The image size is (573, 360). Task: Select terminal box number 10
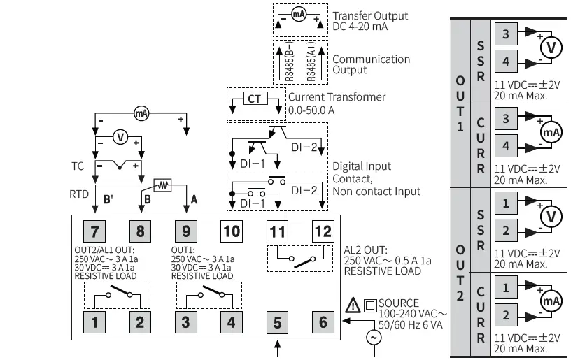[x=231, y=230]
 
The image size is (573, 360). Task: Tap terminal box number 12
[x=323, y=230]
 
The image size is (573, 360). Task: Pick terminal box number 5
[x=277, y=322]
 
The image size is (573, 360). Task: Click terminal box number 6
[x=323, y=322]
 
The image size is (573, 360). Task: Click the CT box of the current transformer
[x=254, y=99]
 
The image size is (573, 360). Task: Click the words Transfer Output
[x=370, y=15]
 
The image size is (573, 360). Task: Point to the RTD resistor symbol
[x=163, y=185]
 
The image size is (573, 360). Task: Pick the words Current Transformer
[x=337, y=97]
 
